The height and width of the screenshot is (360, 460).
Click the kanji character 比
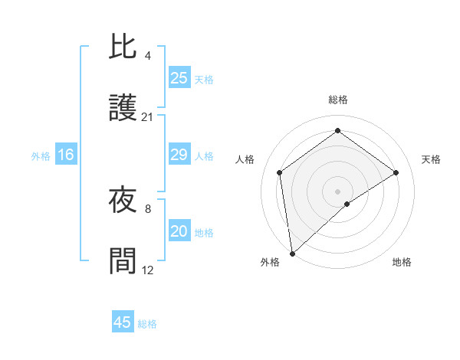(x=123, y=46)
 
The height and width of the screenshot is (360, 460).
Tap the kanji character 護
(x=123, y=109)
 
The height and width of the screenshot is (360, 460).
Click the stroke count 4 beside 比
(x=147, y=55)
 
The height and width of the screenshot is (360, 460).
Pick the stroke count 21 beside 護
(x=148, y=117)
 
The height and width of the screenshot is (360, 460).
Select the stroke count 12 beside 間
(x=148, y=270)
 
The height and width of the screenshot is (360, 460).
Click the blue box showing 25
(x=179, y=78)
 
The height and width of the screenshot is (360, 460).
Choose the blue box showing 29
(x=179, y=155)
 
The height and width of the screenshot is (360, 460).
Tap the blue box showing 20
(x=179, y=231)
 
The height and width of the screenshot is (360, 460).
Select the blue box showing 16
(x=66, y=155)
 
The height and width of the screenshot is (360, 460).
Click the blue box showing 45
(x=123, y=322)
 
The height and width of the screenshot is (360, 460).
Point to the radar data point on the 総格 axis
(x=337, y=131)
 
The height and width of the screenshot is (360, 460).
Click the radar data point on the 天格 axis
(x=396, y=172)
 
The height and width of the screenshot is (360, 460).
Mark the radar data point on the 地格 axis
(x=347, y=204)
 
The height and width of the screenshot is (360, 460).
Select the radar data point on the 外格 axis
(x=292, y=253)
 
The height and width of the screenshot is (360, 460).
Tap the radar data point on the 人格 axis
(x=280, y=172)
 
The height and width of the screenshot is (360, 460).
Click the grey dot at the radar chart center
(x=337, y=191)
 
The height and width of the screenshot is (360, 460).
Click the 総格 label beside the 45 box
(x=147, y=324)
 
